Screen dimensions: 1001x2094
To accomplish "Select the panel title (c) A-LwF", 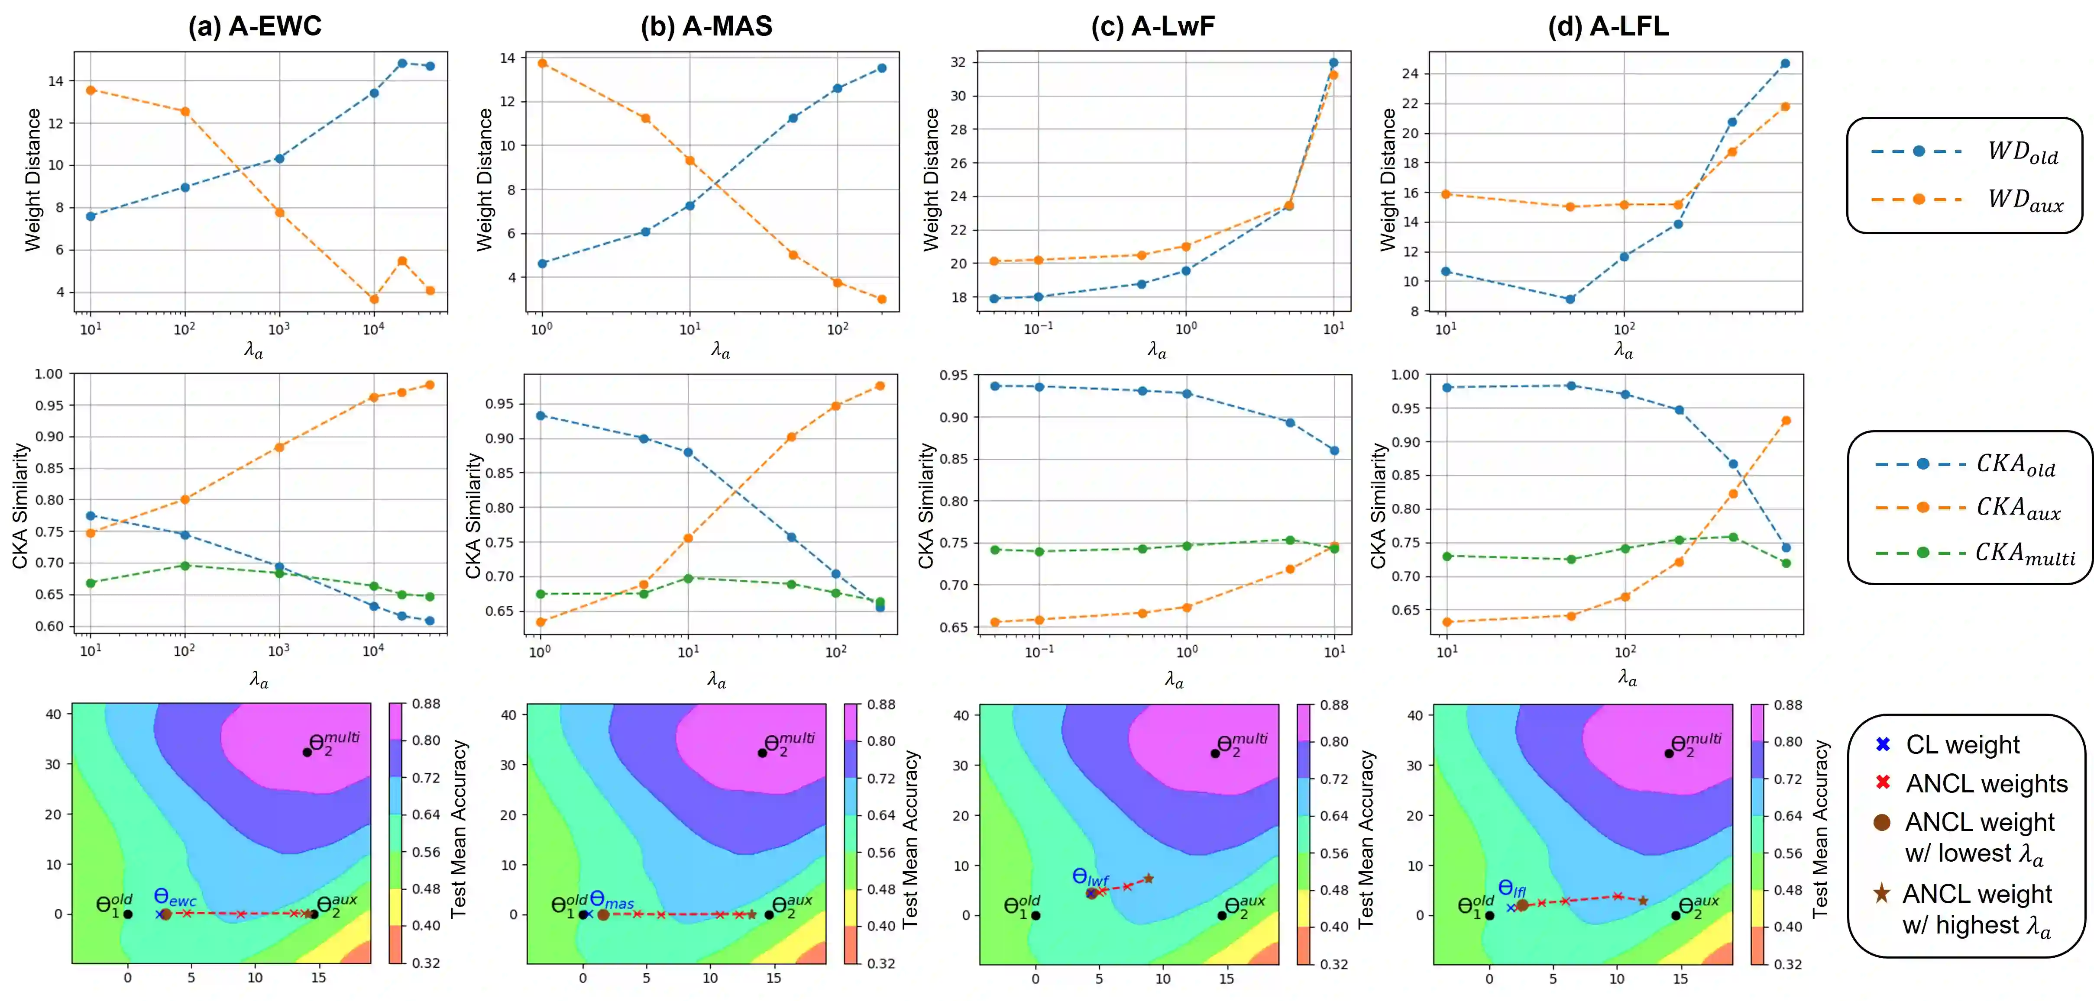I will (x=1153, y=26).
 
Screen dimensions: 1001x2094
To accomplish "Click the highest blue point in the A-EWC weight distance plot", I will (x=401, y=63).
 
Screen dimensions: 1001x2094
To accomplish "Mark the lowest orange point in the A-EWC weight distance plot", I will (x=374, y=299).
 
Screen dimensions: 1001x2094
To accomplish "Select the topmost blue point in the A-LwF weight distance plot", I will (x=1333, y=63).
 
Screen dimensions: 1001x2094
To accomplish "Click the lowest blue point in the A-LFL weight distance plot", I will (x=1570, y=299).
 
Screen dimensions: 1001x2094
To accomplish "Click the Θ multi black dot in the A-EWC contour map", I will (x=307, y=753).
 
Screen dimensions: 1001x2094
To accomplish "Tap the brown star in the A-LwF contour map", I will (x=1149, y=879).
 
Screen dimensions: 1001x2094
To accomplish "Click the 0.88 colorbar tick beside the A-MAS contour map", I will (x=881, y=705).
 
